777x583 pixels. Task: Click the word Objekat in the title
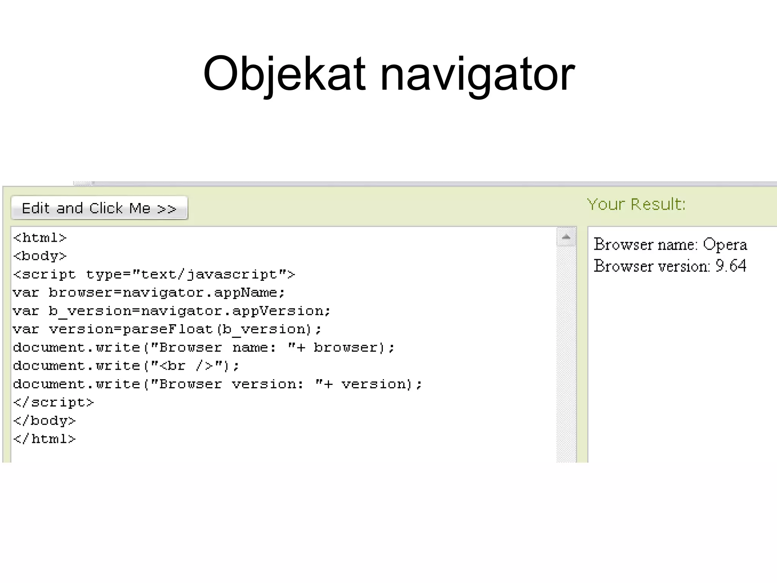click(x=285, y=74)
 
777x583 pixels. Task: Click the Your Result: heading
click(x=636, y=205)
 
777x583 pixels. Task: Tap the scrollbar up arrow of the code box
click(x=566, y=237)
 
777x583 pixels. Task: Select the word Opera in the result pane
click(x=725, y=245)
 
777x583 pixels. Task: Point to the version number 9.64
click(x=731, y=266)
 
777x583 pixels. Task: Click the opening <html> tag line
click(x=40, y=238)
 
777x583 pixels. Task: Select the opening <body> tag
click(x=40, y=256)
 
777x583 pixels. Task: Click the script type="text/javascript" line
click(x=154, y=274)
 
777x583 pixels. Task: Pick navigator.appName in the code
click(x=203, y=293)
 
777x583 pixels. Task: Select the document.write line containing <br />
click(x=126, y=366)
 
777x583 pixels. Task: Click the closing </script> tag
click(x=53, y=402)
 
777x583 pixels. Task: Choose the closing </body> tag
click(x=44, y=421)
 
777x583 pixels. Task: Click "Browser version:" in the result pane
click(x=652, y=266)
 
